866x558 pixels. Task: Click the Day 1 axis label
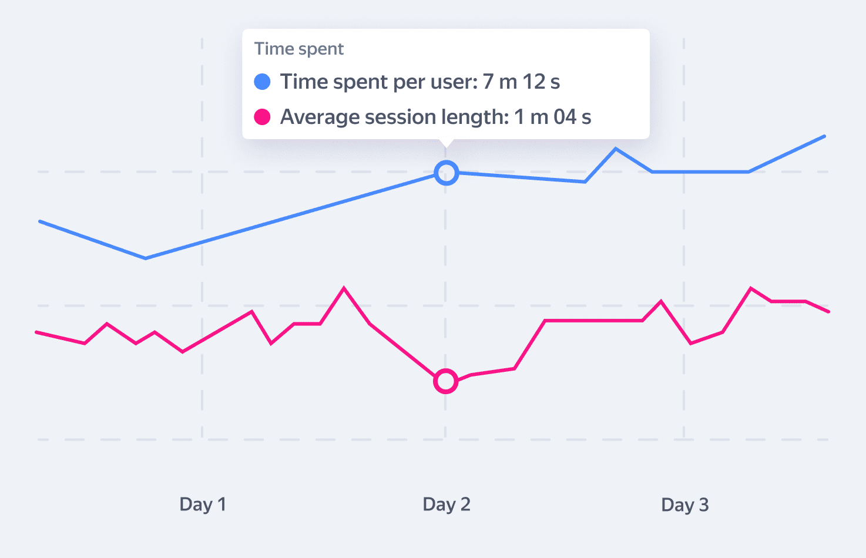pyautogui.click(x=203, y=505)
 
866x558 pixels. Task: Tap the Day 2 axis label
pyautogui.click(x=447, y=505)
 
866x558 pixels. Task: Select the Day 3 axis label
pyautogui.click(x=685, y=505)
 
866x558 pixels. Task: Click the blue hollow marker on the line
pyautogui.click(x=447, y=173)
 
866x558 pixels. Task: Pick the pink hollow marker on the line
pyautogui.click(x=446, y=381)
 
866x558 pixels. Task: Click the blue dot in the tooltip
pyautogui.click(x=262, y=82)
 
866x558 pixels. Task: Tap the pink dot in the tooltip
pyautogui.click(x=262, y=117)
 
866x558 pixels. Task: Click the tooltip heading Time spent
pyautogui.click(x=298, y=49)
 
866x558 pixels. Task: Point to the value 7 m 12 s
pyautogui.click(x=521, y=82)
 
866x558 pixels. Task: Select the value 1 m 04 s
pyautogui.click(x=552, y=117)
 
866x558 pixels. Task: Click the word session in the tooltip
pyautogui.click(x=397, y=117)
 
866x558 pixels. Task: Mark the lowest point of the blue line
pyautogui.click(x=146, y=258)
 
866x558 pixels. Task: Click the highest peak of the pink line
pyautogui.click(x=344, y=288)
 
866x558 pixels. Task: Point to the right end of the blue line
pyautogui.click(x=824, y=136)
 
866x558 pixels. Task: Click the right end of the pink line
pyautogui.click(x=828, y=312)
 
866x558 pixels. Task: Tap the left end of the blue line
pyautogui.click(x=40, y=221)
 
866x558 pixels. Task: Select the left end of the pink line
pyautogui.click(x=37, y=332)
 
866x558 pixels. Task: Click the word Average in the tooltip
pyautogui.click(x=320, y=117)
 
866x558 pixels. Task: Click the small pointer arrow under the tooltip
pyautogui.click(x=447, y=143)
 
